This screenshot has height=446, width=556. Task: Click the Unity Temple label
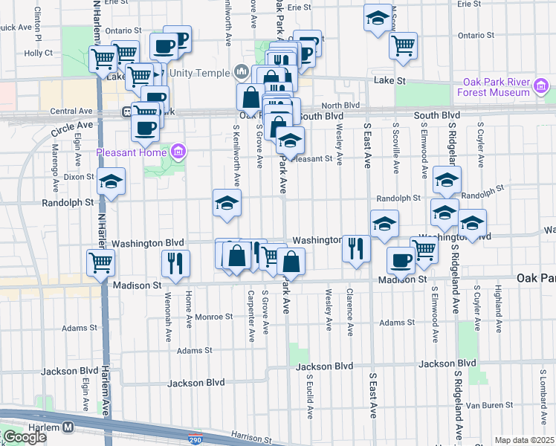(x=200, y=73)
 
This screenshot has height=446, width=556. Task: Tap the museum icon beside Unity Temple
(x=240, y=72)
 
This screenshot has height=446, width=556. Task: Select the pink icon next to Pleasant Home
(x=178, y=153)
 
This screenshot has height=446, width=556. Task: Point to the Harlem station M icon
(x=68, y=427)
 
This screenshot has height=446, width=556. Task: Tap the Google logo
(x=24, y=437)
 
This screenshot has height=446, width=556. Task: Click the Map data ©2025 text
(x=524, y=440)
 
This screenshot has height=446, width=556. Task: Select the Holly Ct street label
(x=38, y=53)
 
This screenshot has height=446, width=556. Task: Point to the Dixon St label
(x=79, y=177)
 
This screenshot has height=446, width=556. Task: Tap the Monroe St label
(x=214, y=317)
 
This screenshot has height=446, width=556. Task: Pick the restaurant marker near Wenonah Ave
(x=175, y=263)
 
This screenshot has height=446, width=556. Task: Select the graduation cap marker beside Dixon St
(x=111, y=181)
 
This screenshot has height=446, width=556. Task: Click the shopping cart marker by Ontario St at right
(x=403, y=45)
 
